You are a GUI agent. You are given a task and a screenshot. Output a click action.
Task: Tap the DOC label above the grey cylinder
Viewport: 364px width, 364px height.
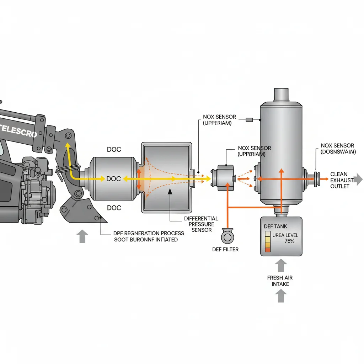coord(114,150)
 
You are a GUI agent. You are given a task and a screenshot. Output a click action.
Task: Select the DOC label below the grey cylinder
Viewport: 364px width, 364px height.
coord(114,208)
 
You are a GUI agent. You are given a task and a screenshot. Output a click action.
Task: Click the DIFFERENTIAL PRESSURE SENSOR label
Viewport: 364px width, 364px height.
coord(202,224)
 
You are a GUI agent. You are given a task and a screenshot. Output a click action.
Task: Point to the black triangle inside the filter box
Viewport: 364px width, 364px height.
coord(170,192)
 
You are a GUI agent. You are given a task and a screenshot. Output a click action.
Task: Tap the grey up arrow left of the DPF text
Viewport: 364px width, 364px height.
coord(82,236)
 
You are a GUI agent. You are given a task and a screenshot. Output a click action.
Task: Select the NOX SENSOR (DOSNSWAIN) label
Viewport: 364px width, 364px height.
coord(337,149)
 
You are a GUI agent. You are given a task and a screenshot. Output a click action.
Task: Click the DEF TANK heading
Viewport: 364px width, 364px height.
coord(276,226)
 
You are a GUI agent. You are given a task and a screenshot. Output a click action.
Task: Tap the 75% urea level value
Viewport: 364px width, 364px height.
coord(289,241)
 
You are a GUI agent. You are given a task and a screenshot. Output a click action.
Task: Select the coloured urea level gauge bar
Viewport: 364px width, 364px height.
coord(268,242)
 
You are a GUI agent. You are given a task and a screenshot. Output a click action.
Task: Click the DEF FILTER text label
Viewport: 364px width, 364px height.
coord(225,250)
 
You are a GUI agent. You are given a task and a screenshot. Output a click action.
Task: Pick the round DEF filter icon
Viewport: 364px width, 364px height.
coord(226,236)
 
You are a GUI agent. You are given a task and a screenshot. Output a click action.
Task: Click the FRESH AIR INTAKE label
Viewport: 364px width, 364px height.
coord(280,281)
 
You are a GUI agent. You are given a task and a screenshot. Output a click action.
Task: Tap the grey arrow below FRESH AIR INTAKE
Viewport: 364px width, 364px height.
coord(280,296)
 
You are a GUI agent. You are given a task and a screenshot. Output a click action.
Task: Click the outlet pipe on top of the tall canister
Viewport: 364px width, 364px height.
coord(281,95)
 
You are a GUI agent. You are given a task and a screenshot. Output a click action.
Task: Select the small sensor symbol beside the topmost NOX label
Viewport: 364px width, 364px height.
coord(249,120)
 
